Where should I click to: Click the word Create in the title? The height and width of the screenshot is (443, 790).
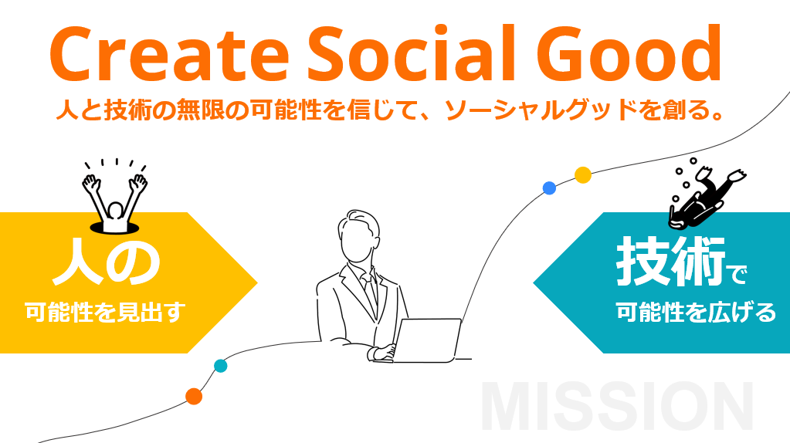tap(169, 54)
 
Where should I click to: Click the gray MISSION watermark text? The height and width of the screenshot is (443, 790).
tap(617, 407)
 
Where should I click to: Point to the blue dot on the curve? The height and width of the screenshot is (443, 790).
tap(549, 188)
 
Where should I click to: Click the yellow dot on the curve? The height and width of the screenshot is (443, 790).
tap(583, 175)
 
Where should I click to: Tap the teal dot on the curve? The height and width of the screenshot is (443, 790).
tap(221, 366)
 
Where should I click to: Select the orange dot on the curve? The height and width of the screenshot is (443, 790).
tap(194, 397)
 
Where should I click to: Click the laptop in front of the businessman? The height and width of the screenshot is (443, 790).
tap(427, 340)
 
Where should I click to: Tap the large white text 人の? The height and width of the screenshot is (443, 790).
tap(107, 262)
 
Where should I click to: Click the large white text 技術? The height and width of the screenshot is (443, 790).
tap(670, 262)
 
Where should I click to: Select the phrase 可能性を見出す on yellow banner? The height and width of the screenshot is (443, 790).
tap(106, 313)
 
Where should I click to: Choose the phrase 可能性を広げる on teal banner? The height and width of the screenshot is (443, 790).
tap(696, 313)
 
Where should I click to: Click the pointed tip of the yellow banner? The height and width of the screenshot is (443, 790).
tap(257, 283)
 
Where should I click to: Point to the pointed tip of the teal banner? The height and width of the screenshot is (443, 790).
tap(534, 283)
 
